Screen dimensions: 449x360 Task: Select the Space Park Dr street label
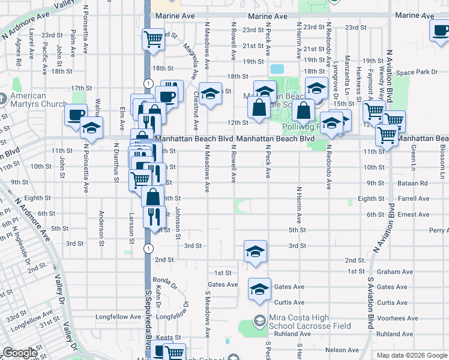click(417, 72)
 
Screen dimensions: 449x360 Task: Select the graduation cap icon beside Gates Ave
click(259, 289)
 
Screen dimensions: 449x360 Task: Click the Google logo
click(20, 353)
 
